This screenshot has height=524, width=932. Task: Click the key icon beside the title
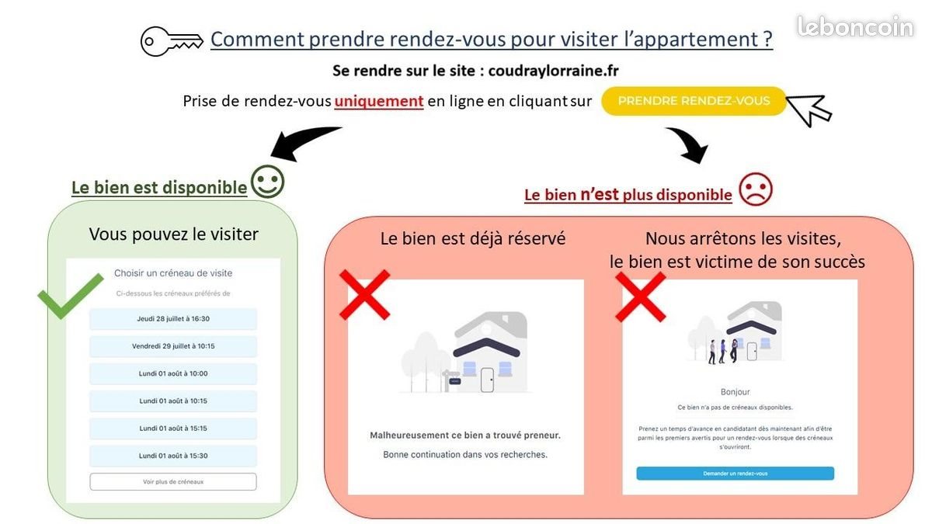(x=172, y=41)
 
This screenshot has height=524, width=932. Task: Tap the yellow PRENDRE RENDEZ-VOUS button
(x=694, y=101)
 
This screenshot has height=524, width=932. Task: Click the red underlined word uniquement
(x=379, y=102)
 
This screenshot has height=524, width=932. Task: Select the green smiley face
(x=267, y=182)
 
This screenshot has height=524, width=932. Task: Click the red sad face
(x=756, y=189)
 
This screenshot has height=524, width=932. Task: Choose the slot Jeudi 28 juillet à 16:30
(x=173, y=319)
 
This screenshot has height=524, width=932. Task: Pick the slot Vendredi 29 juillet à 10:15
(x=173, y=346)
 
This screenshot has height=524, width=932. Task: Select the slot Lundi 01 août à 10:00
(x=173, y=374)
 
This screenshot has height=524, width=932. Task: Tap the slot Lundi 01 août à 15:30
(x=173, y=456)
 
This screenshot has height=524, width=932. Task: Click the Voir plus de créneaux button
(x=173, y=482)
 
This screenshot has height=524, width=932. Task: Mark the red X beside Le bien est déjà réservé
(x=365, y=295)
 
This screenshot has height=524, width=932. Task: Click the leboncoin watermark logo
(x=855, y=26)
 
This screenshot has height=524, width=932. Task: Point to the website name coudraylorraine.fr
(x=553, y=71)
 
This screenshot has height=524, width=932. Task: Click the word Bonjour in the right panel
(x=736, y=392)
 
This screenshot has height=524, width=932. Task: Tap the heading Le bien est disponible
(x=159, y=188)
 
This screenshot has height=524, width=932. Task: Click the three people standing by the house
(x=723, y=352)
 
